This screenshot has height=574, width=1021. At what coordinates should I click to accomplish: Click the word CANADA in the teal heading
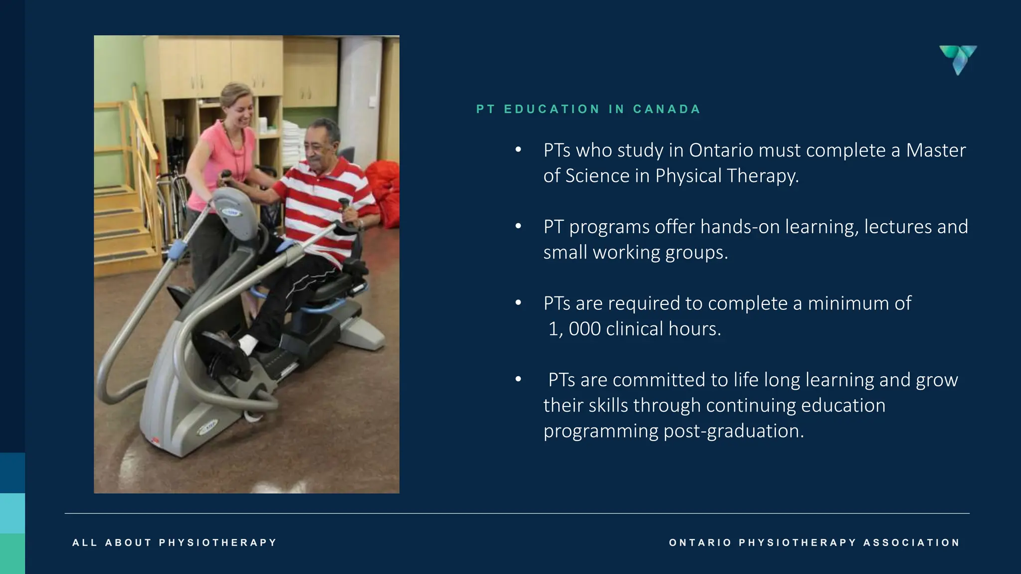[x=667, y=109]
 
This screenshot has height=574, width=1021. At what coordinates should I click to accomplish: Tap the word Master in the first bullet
[x=936, y=150]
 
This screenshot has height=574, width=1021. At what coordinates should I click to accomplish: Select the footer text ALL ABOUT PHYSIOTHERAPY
[x=174, y=543]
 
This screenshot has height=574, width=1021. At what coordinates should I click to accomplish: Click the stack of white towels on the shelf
[x=294, y=144]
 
